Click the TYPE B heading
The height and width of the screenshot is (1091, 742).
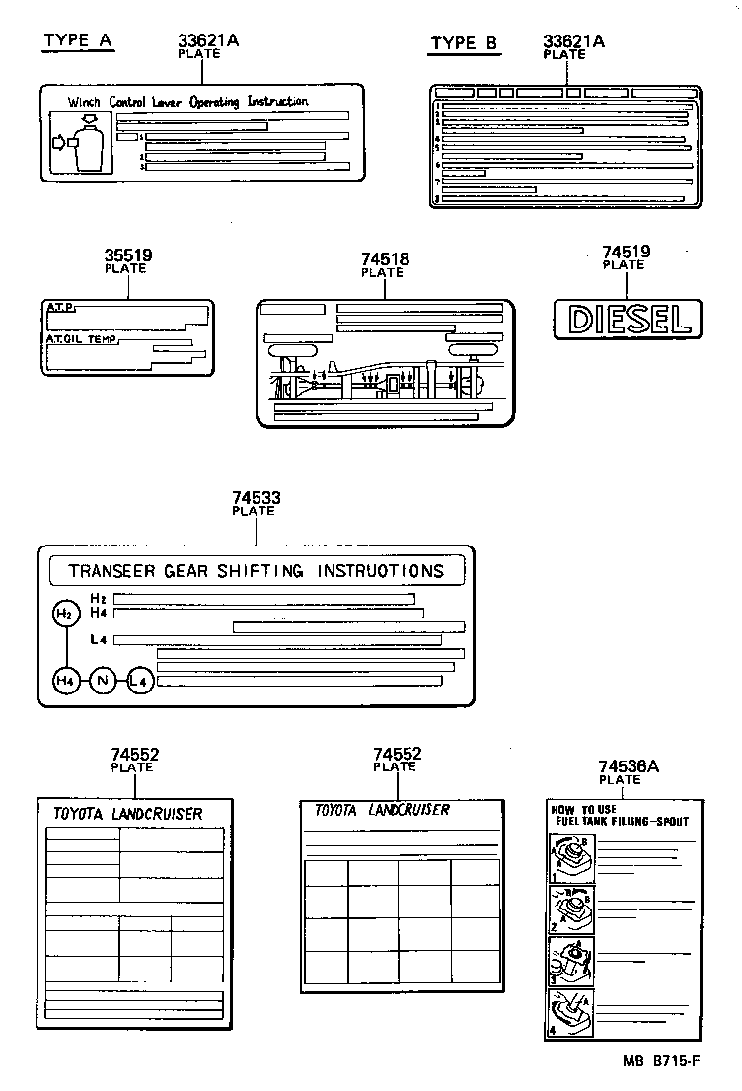coord(465,42)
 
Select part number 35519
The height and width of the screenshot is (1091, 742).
coord(128,255)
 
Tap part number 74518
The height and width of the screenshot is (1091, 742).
coord(385,259)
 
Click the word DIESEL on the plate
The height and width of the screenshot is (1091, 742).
coord(624,319)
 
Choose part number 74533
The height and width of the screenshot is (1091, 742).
coord(257,498)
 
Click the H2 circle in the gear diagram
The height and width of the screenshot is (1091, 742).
coord(64,615)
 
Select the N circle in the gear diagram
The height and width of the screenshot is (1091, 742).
coord(103,680)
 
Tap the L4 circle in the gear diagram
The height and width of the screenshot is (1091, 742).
coord(140,680)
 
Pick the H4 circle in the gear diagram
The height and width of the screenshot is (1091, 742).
coord(65,680)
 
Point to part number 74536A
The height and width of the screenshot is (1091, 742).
coord(629,766)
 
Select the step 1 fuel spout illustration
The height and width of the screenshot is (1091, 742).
coord(571,855)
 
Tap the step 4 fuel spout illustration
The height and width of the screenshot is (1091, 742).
coord(571,1011)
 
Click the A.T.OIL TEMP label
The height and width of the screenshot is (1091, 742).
coord(80,339)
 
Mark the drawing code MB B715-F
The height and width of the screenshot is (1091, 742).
coord(660,1061)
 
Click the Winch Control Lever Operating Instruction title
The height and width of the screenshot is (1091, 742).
coord(187,102)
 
